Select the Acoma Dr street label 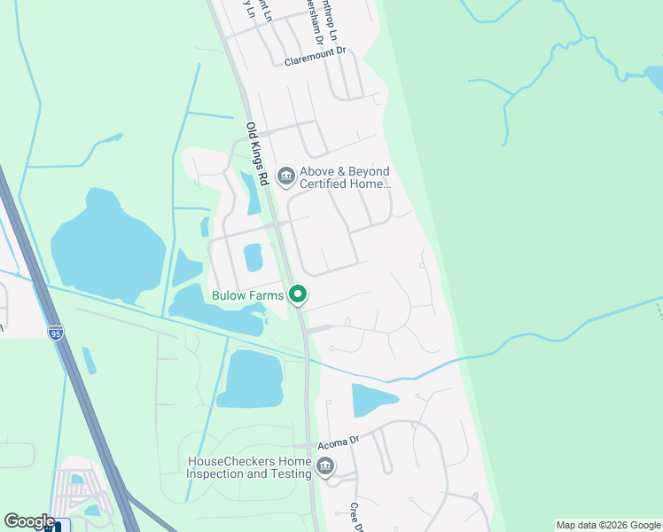pyautogui.click(x=341, y=440)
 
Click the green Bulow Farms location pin pyautogui.click(x=299, y=294)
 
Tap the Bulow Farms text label pyautogui.click(x=247, y=295)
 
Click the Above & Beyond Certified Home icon pyautogui.click(x=286, y=176)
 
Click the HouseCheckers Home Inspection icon pyautogui.click(x=325, y=466)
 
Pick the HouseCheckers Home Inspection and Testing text pyautogui.click(x=249, y=467)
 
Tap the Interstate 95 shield pyautogui.click(x=56, y=332)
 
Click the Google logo pyautogui.click(x=29, y=521)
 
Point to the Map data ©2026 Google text pyautogui.click(x=608, y=525)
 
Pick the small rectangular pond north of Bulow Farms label pyautogui.click(x=253, y=257)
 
